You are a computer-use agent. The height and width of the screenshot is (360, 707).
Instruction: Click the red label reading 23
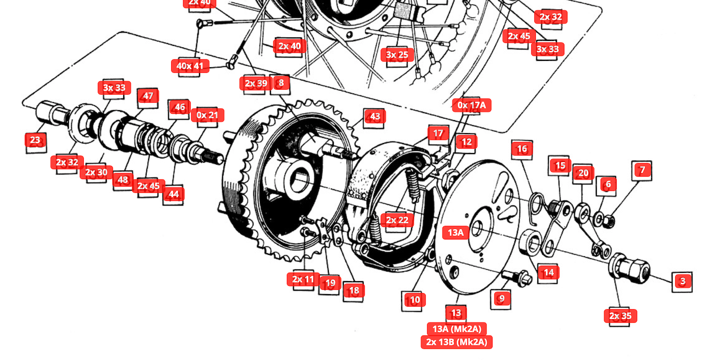pos(35,140)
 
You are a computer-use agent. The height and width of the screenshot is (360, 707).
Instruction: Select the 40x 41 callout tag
pos(190,66)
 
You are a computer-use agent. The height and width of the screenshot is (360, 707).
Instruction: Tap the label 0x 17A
pos(472,105)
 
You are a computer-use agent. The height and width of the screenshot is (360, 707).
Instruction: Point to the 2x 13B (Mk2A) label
pos(457,342)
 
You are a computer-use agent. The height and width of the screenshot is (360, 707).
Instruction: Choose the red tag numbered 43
pos(375,116)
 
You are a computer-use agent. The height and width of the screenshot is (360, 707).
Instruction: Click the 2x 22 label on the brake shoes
pos(397,220)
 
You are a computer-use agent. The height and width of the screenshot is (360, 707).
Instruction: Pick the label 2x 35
pos(621,316)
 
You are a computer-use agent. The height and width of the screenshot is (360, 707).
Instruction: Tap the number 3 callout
pos(683,281)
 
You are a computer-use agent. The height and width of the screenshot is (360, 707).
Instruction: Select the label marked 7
pos(642,170)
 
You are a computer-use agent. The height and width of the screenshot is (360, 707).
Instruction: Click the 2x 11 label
pos(303,279)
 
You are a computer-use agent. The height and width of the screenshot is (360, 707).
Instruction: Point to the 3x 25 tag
pos(397,54)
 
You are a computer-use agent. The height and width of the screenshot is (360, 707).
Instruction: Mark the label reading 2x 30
pos(96,173)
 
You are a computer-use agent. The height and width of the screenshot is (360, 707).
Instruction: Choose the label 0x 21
pos(208,115)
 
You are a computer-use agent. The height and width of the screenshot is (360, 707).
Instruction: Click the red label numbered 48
pos(123,180)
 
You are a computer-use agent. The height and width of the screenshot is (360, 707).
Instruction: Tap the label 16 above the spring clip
pos(522,149)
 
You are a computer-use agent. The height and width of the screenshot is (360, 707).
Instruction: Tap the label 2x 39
pos(256,83)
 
